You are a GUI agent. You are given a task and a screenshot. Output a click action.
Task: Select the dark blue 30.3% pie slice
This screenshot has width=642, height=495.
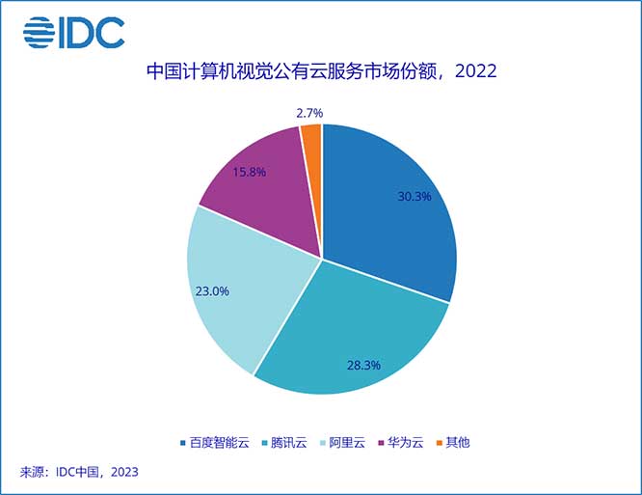395,212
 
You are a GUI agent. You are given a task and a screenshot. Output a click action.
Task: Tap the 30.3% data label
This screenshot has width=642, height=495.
414,197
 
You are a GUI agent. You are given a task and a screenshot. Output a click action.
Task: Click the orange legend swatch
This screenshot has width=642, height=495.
441,443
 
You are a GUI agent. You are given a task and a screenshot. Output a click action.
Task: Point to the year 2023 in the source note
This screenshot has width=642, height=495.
122,472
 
